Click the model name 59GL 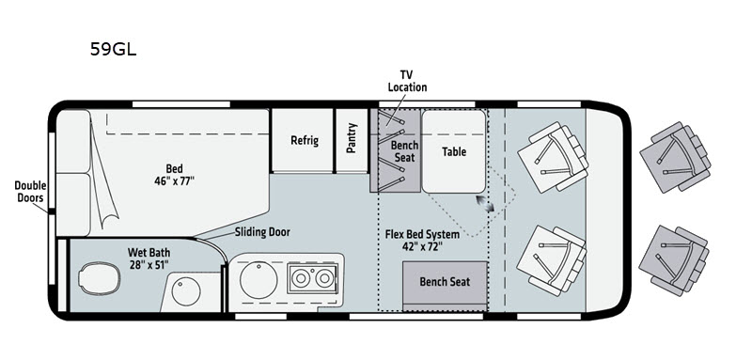coord(113,49)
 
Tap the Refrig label coord(305,140)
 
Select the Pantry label coord(352,138)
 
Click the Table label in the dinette coord(454,151)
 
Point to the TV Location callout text coord(407,81)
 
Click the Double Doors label coord(30,191)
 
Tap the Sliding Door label coord(262,232)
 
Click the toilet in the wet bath coord(100,278)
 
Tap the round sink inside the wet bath coord(186,291)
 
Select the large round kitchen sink coord(258,280)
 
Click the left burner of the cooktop coord(301,278)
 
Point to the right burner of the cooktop coord(324,278)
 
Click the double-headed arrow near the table coord(485,203)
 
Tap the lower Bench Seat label coord(445,281)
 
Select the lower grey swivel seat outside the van coord(674,260)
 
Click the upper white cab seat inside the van coord(553,157)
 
